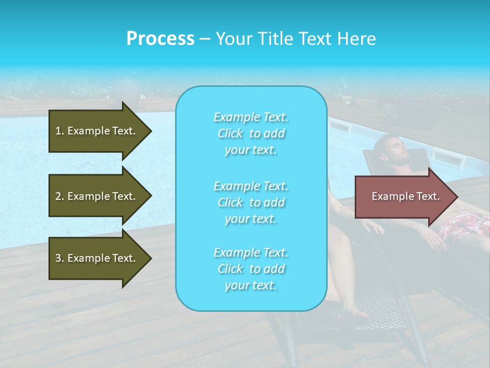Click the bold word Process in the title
pyautogui.click(x=160, y=39)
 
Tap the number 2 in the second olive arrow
pyautogui.click(x=58, y=196)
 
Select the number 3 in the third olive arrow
pyautogui.click(x=58, y=258)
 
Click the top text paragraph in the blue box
pyautogui.click(x=251, y=133)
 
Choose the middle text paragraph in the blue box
pyautogui.click(x=251, y=202)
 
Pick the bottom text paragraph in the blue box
pyautogui.click(x=251, y=269)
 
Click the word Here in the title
pyautogui.click(x=357, y=39)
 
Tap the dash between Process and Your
pyautogui.click(x=205, y=39)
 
